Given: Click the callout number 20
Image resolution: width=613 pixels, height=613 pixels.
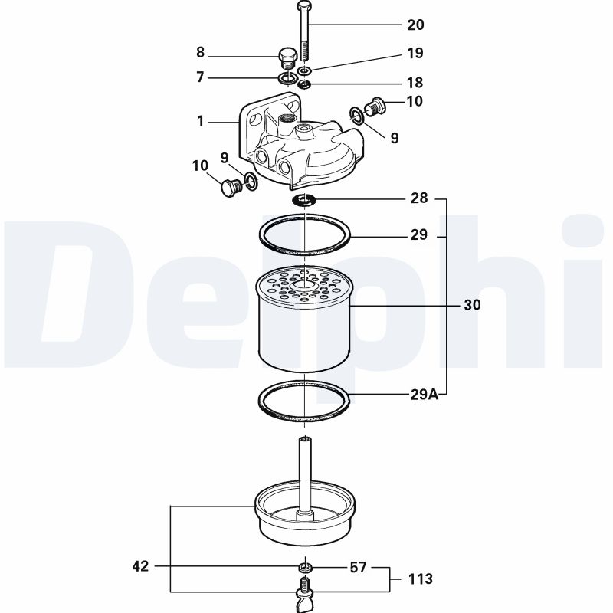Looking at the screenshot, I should tap(415, 25).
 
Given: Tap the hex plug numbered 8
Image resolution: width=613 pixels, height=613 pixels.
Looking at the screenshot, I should tap(287, 59).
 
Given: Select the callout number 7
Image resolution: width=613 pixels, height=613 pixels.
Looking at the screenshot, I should tap(201, 77).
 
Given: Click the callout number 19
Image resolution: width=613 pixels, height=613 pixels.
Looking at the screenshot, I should tap(415, 54).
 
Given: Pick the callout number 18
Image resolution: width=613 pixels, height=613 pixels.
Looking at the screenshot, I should tap(415, 83).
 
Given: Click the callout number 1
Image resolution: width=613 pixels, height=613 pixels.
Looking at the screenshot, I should tap(201, 121).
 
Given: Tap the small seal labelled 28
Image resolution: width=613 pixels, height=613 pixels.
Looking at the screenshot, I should tap(305, 200).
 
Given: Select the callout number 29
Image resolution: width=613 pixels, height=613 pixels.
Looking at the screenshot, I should tap(418, 234).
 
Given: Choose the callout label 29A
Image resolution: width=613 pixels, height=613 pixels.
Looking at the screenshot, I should tap(423, 395).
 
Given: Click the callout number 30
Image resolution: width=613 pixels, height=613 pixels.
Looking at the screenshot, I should tap(472, 305).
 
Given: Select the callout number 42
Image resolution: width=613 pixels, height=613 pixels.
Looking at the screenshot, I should tap(140, 567).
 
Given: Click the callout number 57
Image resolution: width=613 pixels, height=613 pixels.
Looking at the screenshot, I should tap(359, 568).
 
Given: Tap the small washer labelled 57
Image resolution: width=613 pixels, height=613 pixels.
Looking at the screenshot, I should tap(305, 568).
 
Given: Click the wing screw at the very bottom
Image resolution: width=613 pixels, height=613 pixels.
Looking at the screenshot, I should tap(304, 599).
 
